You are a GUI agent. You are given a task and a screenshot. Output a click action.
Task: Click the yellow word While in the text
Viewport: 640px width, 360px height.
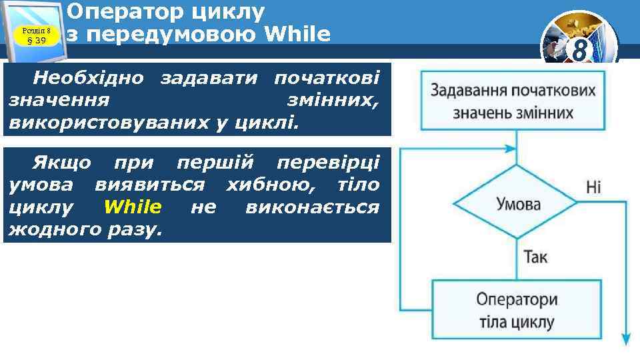point(133,207)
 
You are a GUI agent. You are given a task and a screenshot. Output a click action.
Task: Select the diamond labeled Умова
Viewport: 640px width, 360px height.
point(518,204)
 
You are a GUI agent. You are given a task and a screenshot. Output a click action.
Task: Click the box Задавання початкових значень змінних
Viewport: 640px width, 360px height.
point(513,101)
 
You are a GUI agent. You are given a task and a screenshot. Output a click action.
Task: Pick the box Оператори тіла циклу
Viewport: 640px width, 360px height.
point(517,311)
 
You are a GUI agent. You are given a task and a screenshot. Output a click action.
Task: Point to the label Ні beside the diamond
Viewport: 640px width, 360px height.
point(593,187)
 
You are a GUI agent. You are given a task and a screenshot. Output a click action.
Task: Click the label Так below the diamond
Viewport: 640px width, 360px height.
point(535,257)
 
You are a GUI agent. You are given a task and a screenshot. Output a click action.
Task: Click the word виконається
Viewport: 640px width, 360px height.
point(312,207)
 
